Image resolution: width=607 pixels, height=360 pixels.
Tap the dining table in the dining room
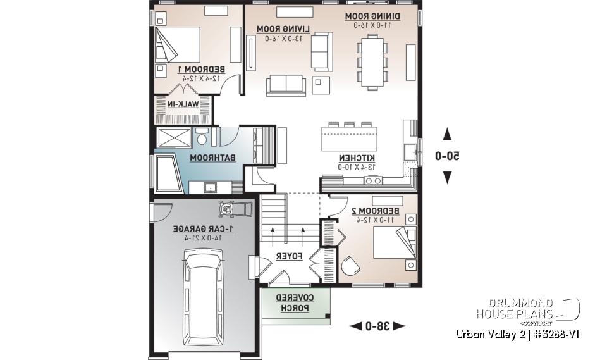371,61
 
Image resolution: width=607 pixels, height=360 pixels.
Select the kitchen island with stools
350,137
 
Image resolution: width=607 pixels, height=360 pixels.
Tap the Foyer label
290,256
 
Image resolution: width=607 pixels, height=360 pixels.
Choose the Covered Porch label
295,303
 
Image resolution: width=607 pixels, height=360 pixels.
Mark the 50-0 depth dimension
447,156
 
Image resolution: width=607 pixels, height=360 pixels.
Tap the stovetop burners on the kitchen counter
372,181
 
